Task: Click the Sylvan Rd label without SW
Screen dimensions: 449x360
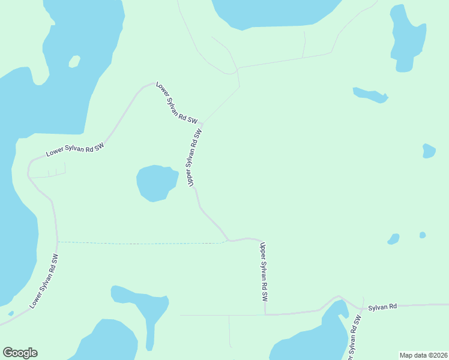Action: [x=382, y=307]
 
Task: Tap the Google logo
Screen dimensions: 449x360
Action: [x=20, y=353]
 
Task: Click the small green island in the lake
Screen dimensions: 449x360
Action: [x=74, y=61]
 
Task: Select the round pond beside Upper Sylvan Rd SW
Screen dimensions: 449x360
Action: [x=155, y=182]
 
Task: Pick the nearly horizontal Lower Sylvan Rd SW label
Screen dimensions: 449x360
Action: [x=75, y=150]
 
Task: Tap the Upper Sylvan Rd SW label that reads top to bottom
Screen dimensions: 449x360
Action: [x=263, y=272]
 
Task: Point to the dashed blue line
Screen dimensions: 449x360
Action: [x=141, y=243]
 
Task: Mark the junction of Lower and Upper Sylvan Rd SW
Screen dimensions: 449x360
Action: [x=202, y=122]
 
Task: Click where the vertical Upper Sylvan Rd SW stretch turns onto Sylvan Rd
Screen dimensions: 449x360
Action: [x=265, y=313]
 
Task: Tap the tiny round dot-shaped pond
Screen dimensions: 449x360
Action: [x=423, y=235]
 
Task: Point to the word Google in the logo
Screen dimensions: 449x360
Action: [x=20, y=353]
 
